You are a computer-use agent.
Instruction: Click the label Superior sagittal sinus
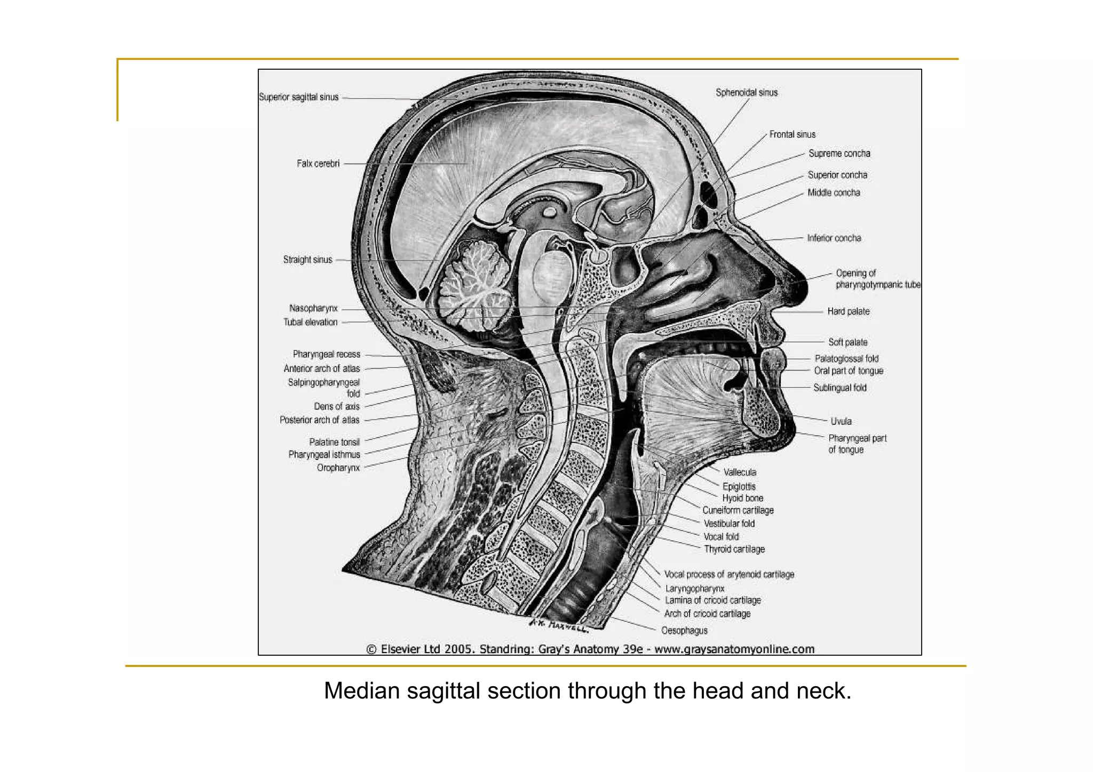pos(298,97)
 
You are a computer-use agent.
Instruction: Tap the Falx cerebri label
pos(318,164)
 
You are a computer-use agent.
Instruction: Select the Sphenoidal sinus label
pos(747,93)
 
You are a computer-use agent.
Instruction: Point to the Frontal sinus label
pos(792,135)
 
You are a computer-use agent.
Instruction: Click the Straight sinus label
pos(307,260)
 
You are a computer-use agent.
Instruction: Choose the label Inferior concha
pos(834,238)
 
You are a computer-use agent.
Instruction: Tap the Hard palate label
pos(848,311)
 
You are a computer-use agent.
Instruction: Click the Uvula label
pos(841,421)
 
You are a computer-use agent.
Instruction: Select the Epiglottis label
pos(739,486)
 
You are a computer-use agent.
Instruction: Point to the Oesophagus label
pos(684,631)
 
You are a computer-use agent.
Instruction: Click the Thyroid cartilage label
pos(734,549)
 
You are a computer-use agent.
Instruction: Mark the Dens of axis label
pos(336,406)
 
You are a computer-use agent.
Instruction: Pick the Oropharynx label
pos(338,468)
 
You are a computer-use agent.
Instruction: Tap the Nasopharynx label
pos(313,308)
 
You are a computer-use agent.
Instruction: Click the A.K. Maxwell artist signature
pos(558,625)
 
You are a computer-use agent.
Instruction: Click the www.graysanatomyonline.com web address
pos(734,649)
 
